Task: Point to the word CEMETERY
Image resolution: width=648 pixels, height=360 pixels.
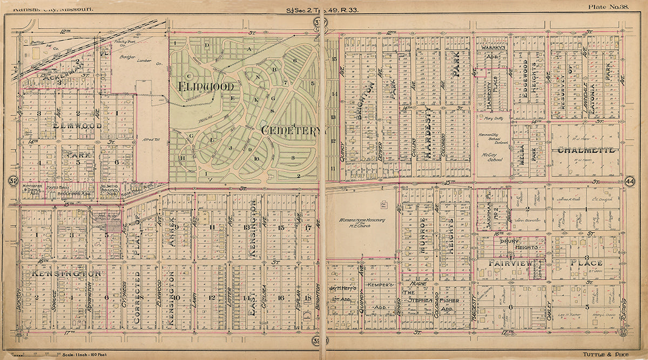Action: (293, 130)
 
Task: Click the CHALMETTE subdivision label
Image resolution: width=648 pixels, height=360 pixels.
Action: (587, 150)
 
